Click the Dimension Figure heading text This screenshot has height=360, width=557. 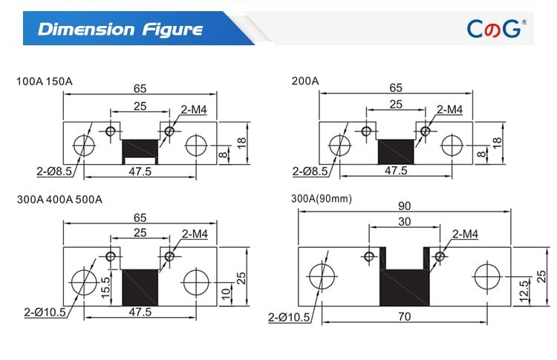(120, 30)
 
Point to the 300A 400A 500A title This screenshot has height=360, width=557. (59, 200)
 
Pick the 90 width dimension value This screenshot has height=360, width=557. (405, 206)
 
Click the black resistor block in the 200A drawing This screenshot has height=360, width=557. (396, 151)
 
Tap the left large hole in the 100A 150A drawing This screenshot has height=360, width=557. (84, 144)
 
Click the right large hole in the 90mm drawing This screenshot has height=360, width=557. (488, 277)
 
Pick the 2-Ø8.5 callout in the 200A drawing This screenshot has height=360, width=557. (311, 171)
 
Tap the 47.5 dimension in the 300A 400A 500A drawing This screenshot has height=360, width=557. (140, 312)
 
